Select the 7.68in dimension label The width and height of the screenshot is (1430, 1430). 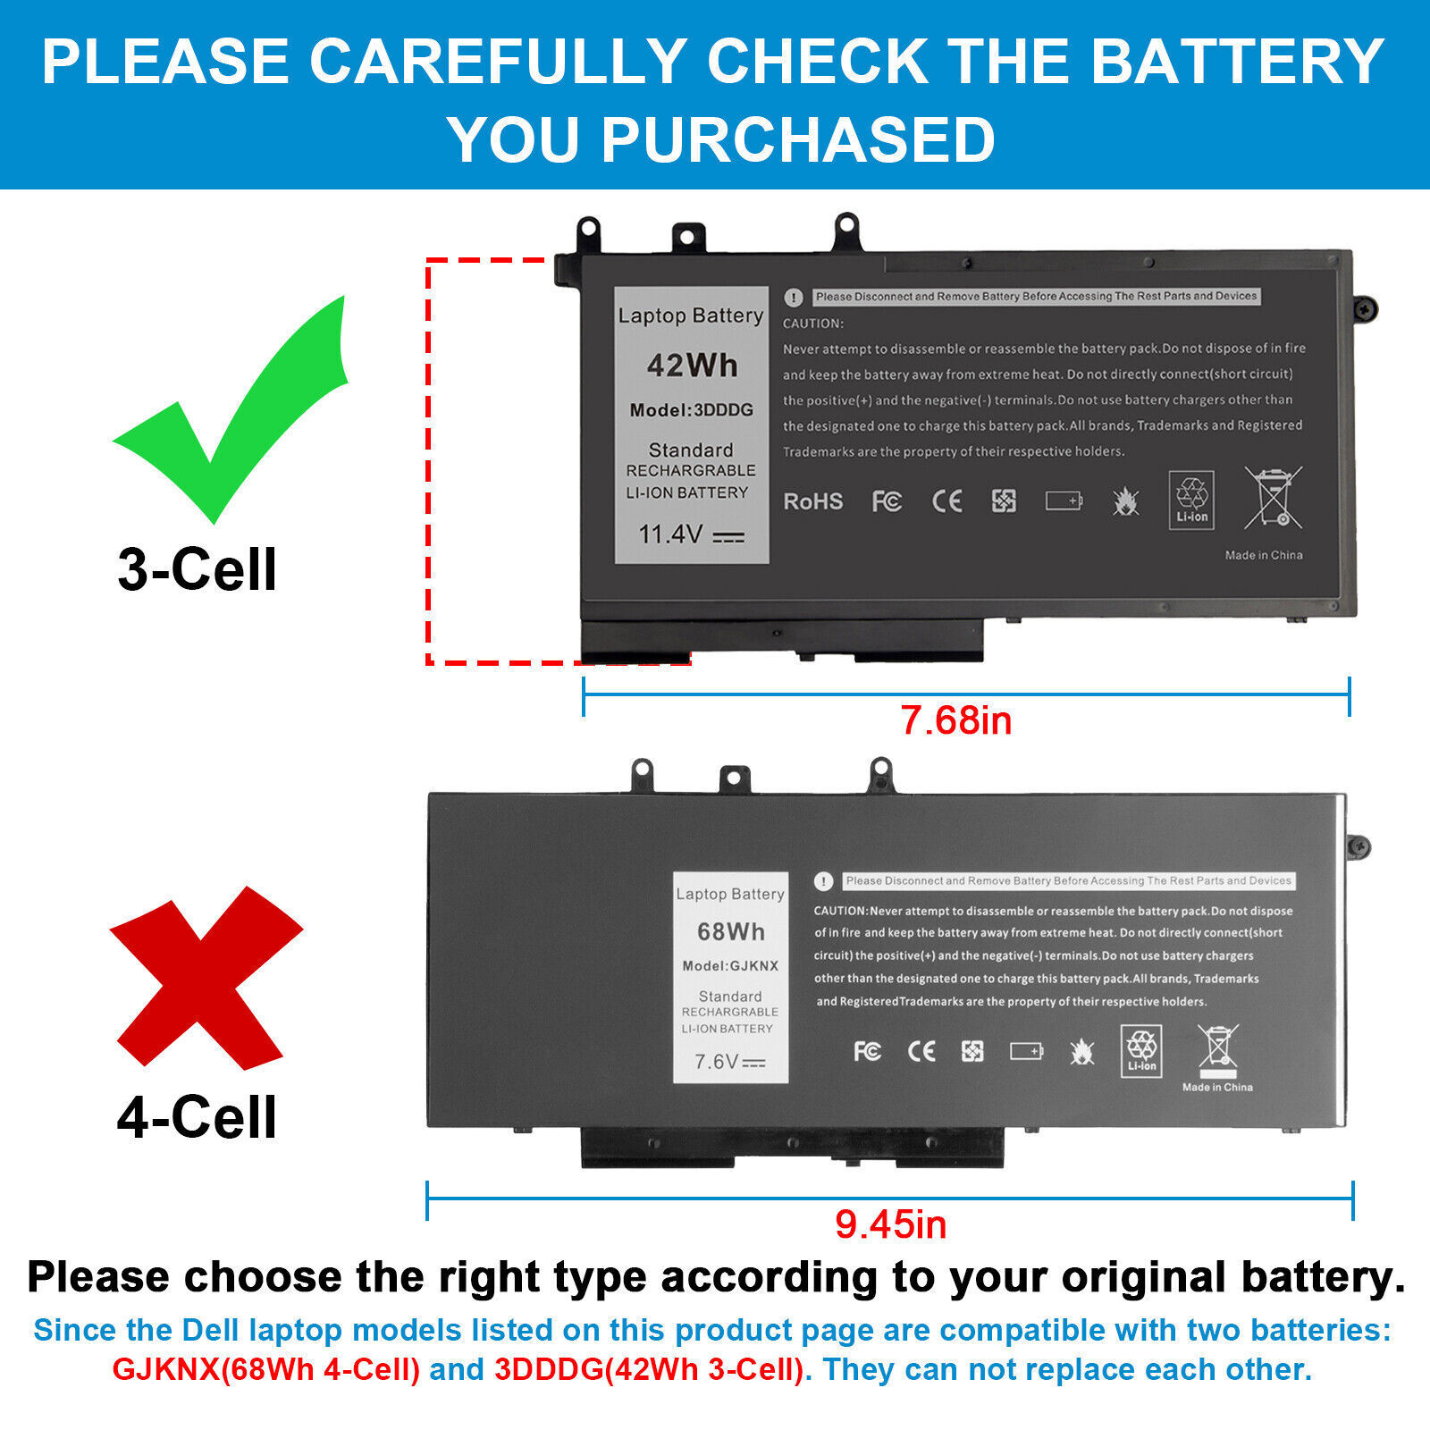955,720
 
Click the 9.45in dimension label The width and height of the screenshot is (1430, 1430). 890,1224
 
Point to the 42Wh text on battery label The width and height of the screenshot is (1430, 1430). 692,366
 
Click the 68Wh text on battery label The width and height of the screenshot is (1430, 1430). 730,932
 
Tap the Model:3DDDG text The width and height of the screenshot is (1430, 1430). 691,410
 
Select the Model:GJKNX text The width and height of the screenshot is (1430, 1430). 730,966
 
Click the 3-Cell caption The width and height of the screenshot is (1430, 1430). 197,569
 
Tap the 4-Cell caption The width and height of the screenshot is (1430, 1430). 197,1117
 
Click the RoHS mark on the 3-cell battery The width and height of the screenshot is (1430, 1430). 812,501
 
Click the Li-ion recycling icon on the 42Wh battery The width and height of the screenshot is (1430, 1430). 1191,500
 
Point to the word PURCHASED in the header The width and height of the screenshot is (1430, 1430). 797,140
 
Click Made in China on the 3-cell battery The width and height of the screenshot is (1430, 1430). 1263,555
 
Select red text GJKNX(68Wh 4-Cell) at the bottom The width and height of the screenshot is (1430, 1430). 265,1369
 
